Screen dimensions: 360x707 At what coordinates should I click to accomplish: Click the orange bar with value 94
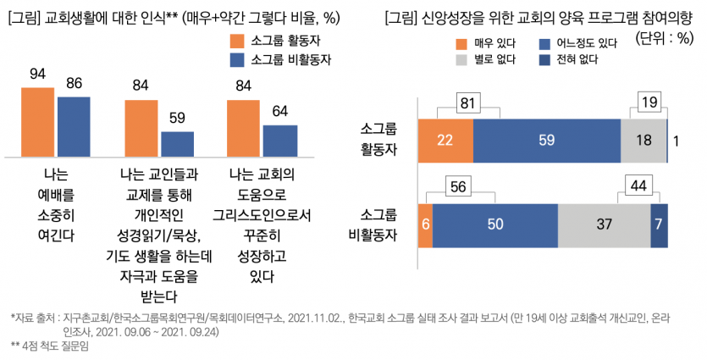[x=38, y=122]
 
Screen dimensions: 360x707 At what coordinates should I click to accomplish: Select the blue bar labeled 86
[x=74, y=127]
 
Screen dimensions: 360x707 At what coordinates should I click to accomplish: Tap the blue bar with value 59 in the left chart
[x=177, y=144]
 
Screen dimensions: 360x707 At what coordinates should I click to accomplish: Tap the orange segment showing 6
[x=425, y=224]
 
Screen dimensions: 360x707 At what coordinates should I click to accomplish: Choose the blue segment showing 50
[x=495, y=224]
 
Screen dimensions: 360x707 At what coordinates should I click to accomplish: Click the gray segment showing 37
[x=604, y=224]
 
